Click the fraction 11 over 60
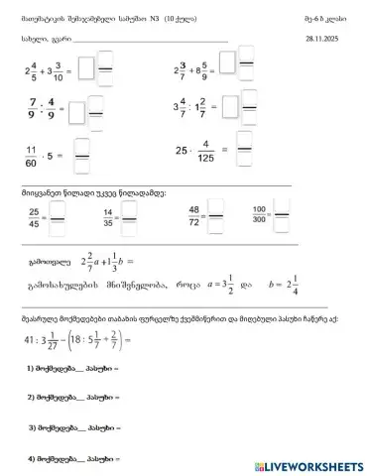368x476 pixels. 33,155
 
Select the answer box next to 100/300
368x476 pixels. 284,215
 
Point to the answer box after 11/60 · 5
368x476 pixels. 81,154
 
